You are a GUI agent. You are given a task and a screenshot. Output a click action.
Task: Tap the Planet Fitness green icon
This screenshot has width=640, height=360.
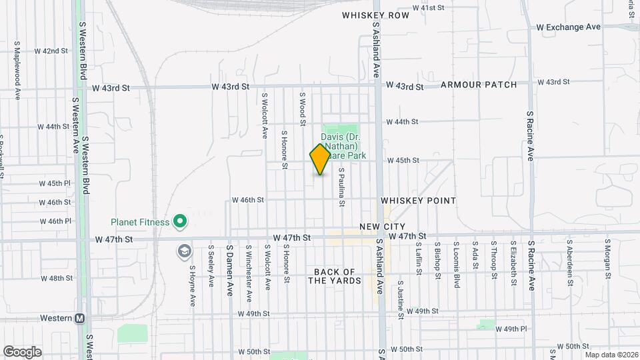pyautogui.click(x=179, y=221)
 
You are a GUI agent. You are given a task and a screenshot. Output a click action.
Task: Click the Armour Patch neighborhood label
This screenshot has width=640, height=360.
pyautogui.click(x=479, y=85)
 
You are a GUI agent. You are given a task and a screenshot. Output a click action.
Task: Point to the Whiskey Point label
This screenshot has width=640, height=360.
pyautogui.click(x=419, y=201)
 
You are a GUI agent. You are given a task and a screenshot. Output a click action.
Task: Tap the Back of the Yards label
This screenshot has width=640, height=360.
pyautogui.click(x=335, y=276)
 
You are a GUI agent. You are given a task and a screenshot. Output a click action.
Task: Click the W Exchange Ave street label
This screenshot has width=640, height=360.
pyautogui.click(x=569, y=27)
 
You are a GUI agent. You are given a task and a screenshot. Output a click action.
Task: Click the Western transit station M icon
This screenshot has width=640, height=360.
pyautogui.click(x=79, y=319)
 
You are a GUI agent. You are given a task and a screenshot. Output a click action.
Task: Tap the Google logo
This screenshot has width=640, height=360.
pyautogui.click(x=22, y=351)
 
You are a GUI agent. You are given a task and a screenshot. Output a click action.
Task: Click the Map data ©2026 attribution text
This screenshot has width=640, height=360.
pyautogui.click(x=612, y=355)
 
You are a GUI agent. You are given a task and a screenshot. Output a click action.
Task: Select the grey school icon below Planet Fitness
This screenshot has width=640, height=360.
pyautogui.click(x=184, y=251)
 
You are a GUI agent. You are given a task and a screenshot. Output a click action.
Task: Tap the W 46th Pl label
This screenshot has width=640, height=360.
pyautogui.click(x=55, y=221)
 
